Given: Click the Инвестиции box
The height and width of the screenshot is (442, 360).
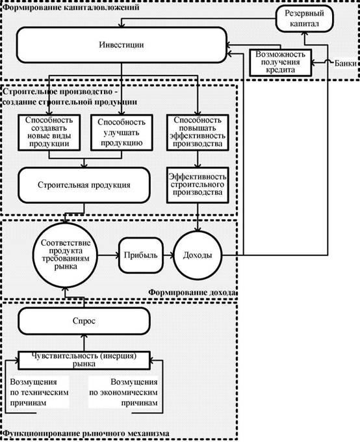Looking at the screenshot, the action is [x=122, y=45].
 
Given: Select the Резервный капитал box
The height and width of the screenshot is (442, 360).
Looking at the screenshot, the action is [x=304, y=19].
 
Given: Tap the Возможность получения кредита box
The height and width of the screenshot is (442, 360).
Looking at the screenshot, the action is [x=281, y=62].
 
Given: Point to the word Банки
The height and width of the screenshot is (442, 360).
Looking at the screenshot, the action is [x=346, y=63].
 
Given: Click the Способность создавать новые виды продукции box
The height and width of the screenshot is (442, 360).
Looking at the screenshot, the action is [x=49, y=132].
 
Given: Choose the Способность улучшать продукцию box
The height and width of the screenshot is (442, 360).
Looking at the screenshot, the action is [x=122, y=132].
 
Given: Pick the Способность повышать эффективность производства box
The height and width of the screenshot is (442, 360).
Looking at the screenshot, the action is [x=198, y=132].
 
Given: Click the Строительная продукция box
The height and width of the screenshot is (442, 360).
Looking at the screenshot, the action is [x=84, y=185].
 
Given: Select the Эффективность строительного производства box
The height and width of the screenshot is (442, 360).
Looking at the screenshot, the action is [x=198, y=185].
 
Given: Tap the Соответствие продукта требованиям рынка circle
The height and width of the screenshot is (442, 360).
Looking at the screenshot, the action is [x=66, y=255].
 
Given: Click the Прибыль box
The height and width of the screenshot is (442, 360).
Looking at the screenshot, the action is [x=141, y=255].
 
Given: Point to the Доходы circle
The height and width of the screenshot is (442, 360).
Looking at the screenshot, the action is [x=198, y=255].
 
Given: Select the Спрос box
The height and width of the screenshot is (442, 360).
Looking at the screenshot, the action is [x=84, y=321].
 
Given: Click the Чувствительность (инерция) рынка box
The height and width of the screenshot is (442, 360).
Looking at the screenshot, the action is [x=84, y=360].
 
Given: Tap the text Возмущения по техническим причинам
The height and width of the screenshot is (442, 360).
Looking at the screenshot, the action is [x=39, y=392].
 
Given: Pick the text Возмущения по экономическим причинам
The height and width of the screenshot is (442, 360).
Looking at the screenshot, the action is [x=123, y=392].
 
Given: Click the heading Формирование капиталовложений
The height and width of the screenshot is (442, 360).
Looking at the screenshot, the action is [x=71, y=7].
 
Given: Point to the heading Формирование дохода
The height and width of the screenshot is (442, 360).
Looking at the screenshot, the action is [x=192, y=292].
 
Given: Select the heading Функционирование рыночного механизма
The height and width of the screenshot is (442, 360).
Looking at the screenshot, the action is [x=86, y=434].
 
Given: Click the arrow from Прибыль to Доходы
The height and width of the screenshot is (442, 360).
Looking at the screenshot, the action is [x=168, y=255].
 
